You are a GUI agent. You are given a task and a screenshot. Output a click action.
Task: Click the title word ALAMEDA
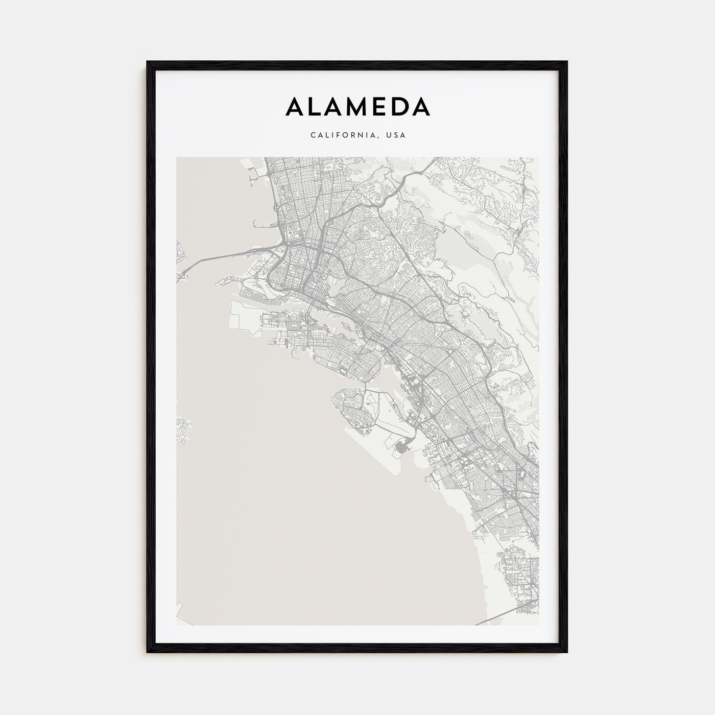click(x=357, y=106)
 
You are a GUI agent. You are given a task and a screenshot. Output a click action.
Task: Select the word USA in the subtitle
click(x=396, y=135)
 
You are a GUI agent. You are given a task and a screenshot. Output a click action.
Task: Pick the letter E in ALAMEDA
click(x=378, y=106)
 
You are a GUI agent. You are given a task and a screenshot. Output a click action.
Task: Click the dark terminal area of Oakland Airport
click(x=401, y=449)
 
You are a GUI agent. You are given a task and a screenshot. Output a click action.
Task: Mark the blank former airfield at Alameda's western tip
click(x=245, y=314)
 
